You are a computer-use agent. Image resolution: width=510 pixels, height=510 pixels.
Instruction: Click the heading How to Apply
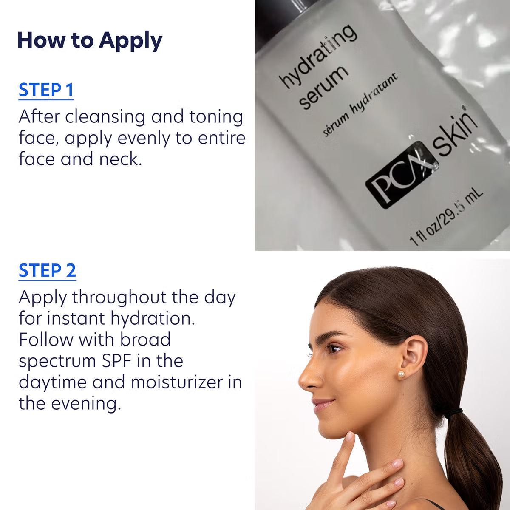click(90, 41)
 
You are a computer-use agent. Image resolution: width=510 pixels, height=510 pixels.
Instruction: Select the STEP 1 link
click(46, 90)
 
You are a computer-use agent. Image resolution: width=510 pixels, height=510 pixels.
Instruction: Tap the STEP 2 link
click(47, 271)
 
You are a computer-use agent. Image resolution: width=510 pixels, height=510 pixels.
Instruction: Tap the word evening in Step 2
click(86, 403)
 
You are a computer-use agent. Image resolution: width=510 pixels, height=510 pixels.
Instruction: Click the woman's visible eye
click(334, 349)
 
